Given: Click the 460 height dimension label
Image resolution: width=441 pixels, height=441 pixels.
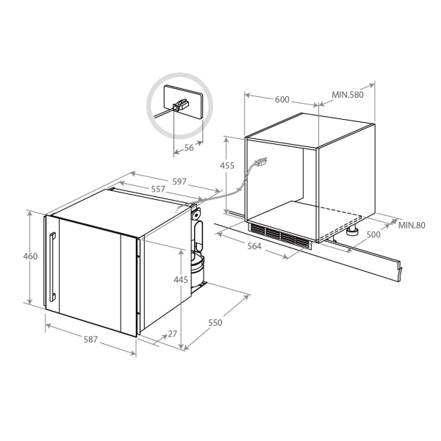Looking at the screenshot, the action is [30, 257].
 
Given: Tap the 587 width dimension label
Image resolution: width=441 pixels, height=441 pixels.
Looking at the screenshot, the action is [90, 340].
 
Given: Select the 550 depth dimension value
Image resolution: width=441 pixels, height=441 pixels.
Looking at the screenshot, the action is [215, 323].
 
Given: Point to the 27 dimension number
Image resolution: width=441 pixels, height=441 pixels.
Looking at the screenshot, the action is [173, 334].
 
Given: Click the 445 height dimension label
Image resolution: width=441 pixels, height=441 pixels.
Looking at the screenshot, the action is [181, 279].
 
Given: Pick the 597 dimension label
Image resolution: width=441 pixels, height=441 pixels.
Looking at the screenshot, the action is [179, 182].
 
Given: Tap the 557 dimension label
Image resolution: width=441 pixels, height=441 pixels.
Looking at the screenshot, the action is [158, 189].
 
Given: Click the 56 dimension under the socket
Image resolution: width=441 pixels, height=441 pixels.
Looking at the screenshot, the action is [190, 148].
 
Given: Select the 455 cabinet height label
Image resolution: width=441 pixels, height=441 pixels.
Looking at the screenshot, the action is [227, 165].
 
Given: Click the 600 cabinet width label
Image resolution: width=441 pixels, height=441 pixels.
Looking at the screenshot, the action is [282, 99].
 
